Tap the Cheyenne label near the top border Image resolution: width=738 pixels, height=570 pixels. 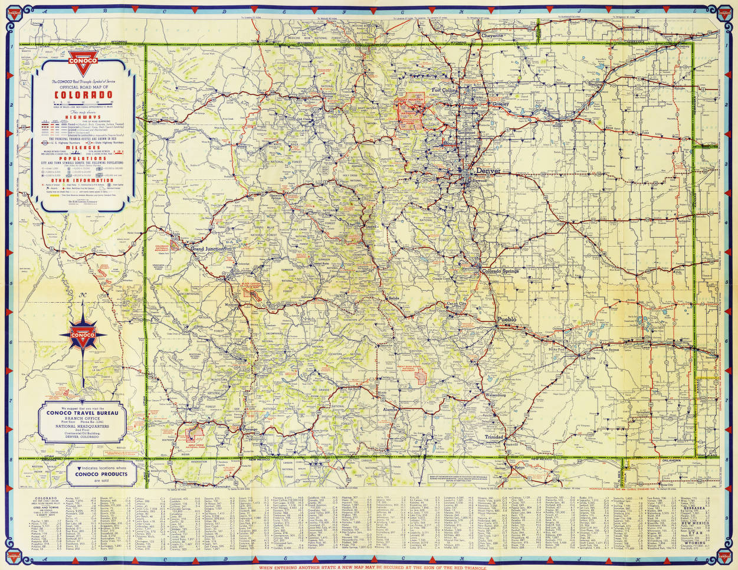pos(492,35)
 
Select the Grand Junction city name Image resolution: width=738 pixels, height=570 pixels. pos(208,249)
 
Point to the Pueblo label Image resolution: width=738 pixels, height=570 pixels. pos(507,319)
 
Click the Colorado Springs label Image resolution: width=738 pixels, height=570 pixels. pos(500,271)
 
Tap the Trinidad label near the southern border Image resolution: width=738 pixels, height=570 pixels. pos(494,437)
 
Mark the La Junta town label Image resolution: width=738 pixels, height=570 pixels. pos(588,358)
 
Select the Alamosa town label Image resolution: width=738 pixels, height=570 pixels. pos(391,408)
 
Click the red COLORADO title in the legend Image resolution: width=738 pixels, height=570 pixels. pos(82,94)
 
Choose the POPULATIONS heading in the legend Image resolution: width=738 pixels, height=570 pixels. pos(82,159)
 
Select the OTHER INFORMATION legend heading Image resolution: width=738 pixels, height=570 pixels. pos(82,181)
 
